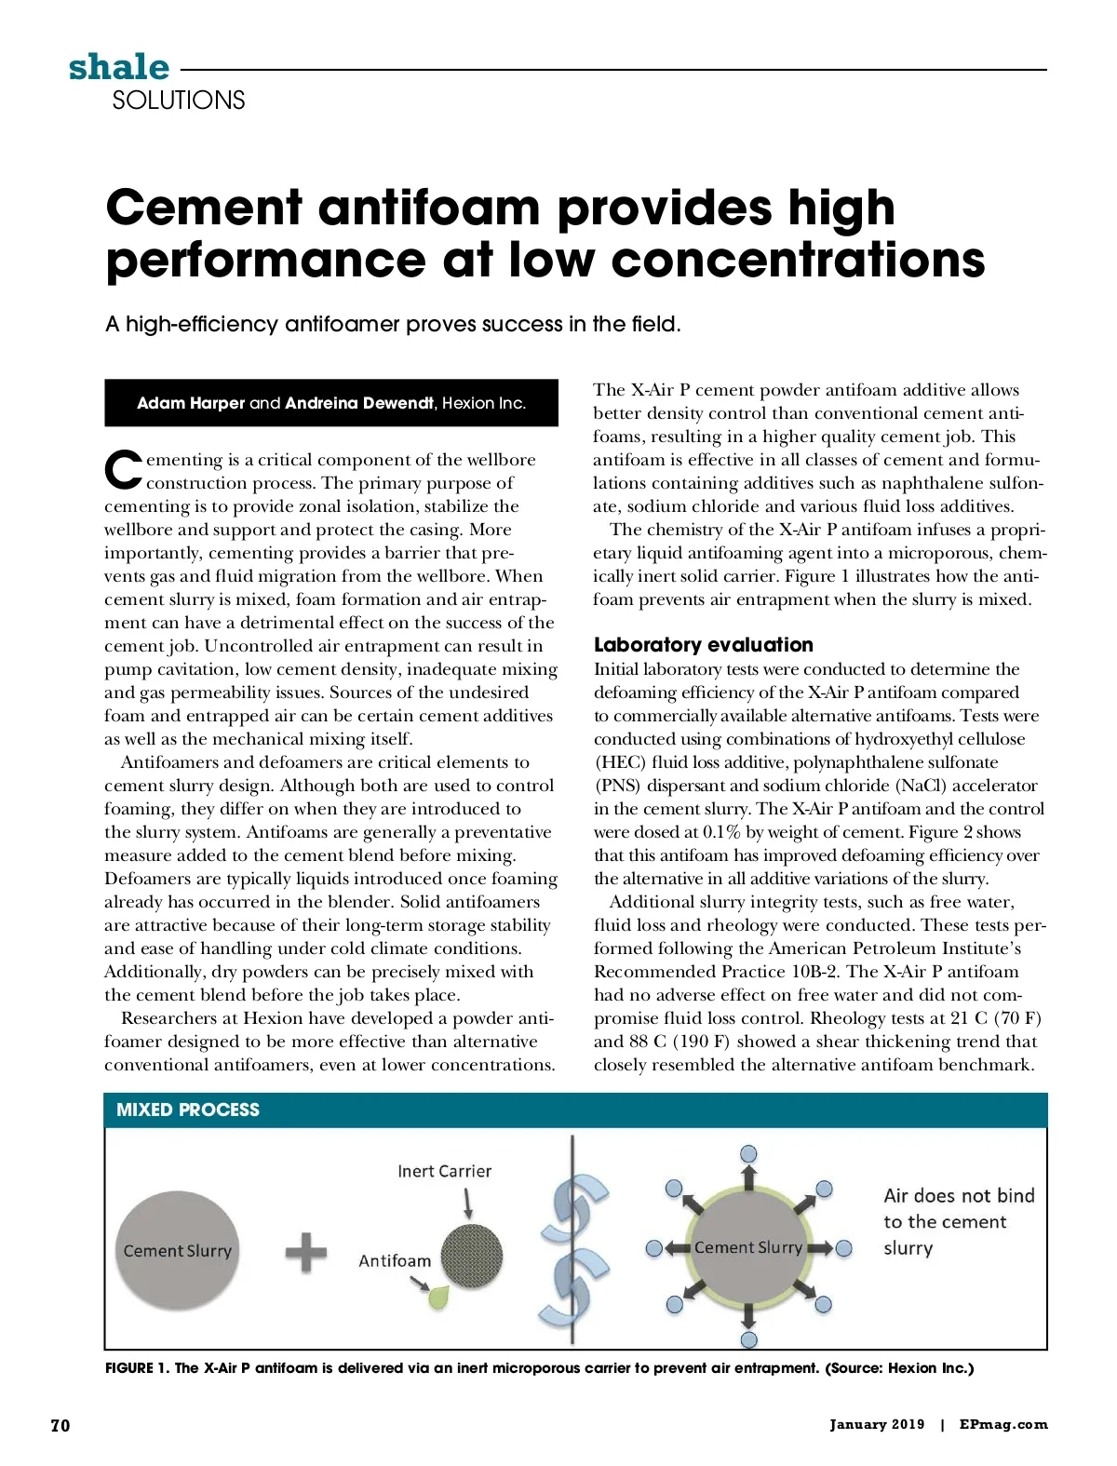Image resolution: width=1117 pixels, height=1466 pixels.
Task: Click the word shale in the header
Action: (x=119, y=67)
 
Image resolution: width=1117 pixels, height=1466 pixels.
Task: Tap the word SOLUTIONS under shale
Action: (x=179, y=101)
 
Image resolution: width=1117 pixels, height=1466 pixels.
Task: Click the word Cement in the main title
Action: (x=204, y=208)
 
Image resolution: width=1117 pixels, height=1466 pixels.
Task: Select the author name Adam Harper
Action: (x=191, y=403)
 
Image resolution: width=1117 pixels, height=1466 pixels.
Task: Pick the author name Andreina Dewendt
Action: (x=359, y=403)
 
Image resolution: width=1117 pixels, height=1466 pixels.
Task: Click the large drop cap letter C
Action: (x=123, y=471)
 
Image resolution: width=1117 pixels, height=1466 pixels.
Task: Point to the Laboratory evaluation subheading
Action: (x=703, y=645)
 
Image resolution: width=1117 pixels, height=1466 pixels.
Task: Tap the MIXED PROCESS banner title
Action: (x=188, y=1110)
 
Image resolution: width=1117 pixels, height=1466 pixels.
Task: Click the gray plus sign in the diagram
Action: (x=306, y=1252)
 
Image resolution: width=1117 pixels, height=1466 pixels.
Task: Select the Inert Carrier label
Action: (x=444, y=1171)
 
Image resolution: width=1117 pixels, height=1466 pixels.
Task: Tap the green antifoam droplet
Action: (x=438, y=1297)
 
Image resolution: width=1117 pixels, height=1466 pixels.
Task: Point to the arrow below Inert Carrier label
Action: (x=467, y=1202)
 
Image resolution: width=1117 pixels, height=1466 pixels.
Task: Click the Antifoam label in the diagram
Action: (x=395, y=1260)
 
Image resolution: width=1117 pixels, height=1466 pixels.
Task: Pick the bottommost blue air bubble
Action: (x=748, y=1340)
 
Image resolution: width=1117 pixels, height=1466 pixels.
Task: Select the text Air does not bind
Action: (x=959, y=1196)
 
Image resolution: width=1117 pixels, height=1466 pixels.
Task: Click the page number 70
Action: (x=61, y=1425)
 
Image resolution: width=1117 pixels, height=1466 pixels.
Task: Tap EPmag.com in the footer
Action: (x=1003, y=1424)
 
